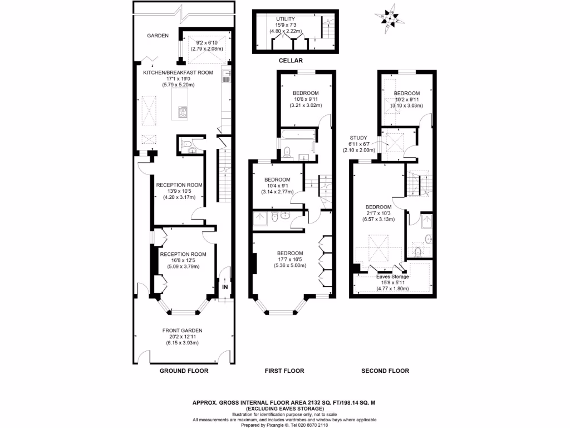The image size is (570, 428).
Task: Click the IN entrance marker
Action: tap(225, 287)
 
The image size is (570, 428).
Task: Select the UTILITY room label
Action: tap(285, 19)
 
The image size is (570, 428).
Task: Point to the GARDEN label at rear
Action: tap(158, 36)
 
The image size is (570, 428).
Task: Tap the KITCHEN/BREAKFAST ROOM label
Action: tap(178, 72)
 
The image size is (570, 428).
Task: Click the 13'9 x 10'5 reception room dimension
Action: tap(179, 191)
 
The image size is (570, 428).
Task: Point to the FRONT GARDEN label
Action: tap(182, 330)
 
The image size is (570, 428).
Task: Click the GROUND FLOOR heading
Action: tap(184, 371)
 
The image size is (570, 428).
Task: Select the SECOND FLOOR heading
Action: tap(385, 371)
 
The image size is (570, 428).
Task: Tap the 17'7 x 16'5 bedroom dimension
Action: tap(290, 260)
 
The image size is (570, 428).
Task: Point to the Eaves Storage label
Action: tap(392, 276)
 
